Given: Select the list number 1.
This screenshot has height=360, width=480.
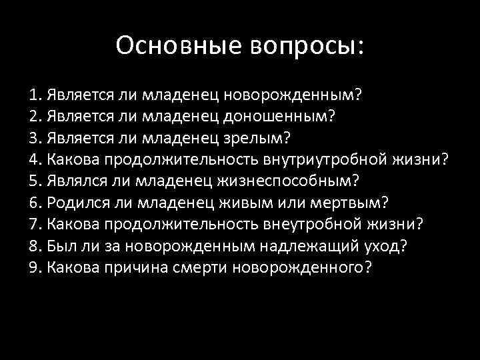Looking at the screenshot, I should [34, 95].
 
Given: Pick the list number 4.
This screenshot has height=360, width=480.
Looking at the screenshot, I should [34, 159].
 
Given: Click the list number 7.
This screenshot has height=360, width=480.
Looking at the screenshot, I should [34, 224].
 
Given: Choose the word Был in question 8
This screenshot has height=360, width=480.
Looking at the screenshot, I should [59, 245].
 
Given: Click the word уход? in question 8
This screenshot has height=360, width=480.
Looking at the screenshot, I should [389, 245].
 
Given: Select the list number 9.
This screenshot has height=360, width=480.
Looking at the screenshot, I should [34, 267].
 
